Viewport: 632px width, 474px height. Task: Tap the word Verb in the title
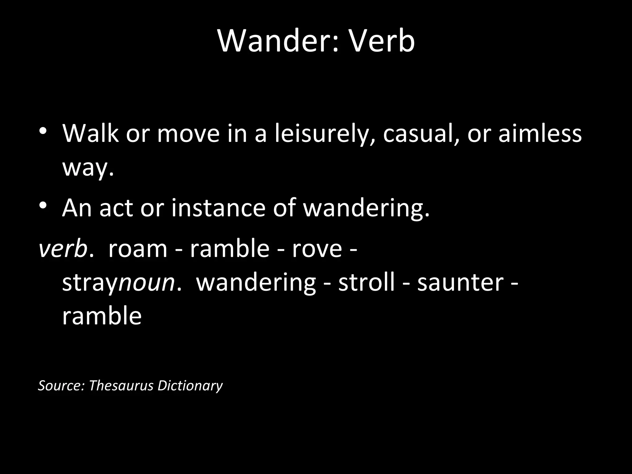click(x=382, y=41)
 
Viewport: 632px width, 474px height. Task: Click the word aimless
click(x=540, y=134)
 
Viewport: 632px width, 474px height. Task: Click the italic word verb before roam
click(x=63, y=248)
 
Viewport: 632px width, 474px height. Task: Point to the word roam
click(x=138, y=248)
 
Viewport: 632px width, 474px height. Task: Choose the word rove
click(x=317, y=248)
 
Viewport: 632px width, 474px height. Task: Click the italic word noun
click(x=147, y=283)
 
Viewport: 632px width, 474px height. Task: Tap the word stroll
click(x=367, y=282)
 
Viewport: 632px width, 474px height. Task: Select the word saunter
click(x=460, y=282)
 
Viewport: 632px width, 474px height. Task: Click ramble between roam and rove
click(x=230, y=248)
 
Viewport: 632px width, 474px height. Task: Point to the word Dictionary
click(x=190, y=385)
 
